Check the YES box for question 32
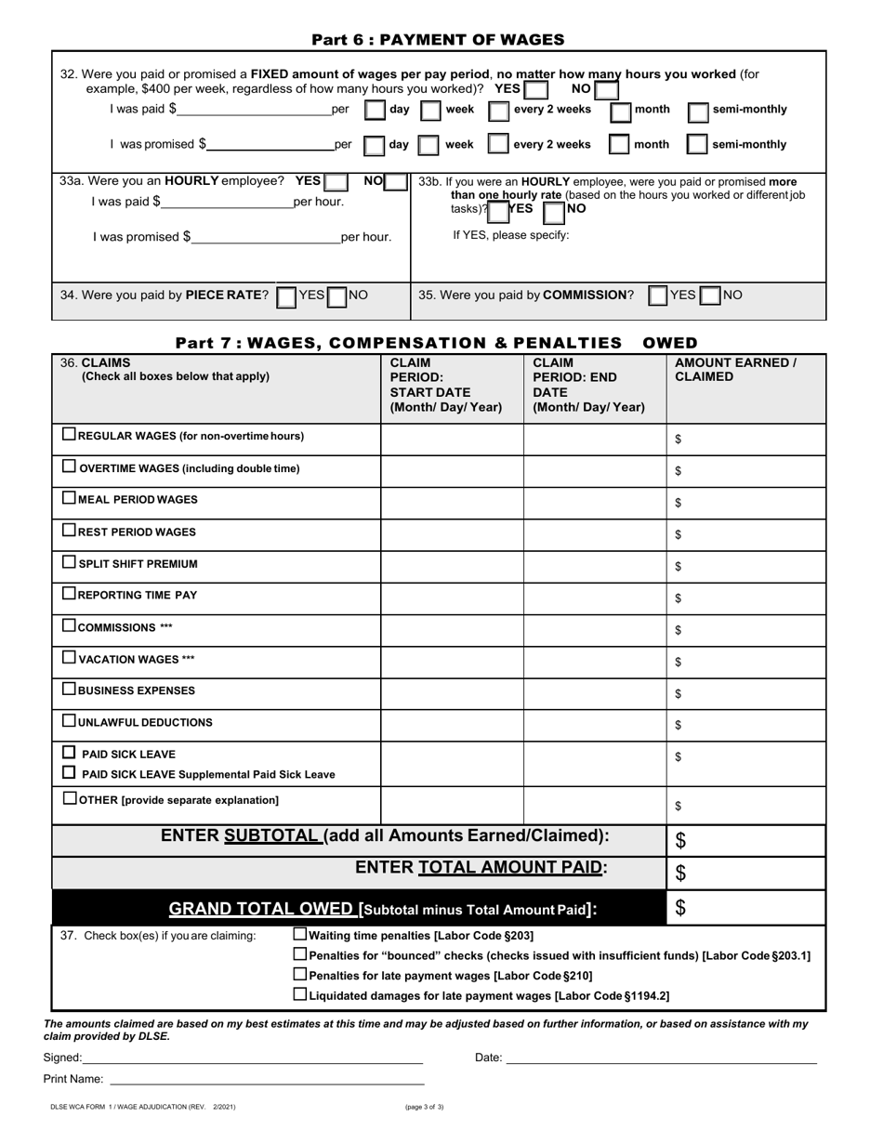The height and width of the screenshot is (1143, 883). point(535,90)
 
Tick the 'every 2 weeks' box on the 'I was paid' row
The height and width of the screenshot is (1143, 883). point(499,112)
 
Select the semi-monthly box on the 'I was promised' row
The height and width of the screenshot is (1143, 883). point(697,145)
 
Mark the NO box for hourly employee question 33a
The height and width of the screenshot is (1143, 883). point(395,183)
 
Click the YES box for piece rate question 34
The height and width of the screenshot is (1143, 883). point(287,296)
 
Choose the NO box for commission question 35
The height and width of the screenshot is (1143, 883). point(711,296)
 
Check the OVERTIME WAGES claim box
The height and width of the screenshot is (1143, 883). point(69,467)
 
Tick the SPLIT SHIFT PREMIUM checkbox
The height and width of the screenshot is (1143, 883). point(69,562)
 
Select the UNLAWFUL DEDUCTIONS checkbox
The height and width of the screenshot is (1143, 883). point(69,720)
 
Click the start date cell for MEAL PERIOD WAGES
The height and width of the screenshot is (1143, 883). point(452,502)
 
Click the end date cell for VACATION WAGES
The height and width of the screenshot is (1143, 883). point(595,661)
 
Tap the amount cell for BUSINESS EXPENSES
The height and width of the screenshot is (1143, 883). point(745,692)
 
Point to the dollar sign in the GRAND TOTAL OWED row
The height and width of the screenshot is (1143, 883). point(680,908)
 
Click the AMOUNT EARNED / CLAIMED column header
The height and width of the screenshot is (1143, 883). point(735,370)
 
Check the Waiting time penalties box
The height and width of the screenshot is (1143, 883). point(299,935)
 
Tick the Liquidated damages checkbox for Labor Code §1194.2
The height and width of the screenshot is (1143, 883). point(299,994)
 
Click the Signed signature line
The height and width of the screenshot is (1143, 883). point(253,1057)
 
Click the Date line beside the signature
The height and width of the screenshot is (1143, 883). point(661,1057)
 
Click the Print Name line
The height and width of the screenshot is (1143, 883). point(267,1079)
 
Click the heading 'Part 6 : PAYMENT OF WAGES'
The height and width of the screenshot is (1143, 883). point(438,40)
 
